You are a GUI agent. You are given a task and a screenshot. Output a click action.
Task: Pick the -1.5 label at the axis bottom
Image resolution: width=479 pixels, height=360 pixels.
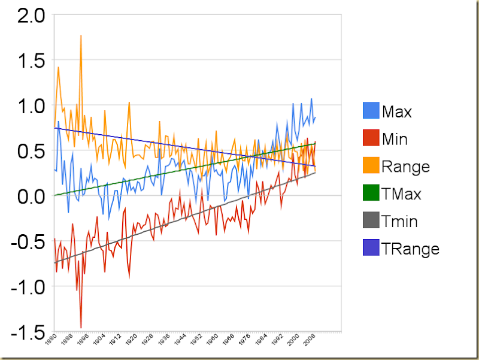[26, 331]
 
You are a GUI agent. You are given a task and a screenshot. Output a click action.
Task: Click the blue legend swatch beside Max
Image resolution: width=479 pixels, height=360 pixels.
[371, 111]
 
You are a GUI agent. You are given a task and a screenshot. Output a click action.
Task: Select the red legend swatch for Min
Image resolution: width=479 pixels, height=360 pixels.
[371, 139]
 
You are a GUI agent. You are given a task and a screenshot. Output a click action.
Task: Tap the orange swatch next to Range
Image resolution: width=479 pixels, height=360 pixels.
[371, 167]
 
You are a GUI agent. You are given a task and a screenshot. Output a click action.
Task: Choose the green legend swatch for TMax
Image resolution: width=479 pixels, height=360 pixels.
[371, 194]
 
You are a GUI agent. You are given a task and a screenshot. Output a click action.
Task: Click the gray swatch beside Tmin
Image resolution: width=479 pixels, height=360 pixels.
[371, 222]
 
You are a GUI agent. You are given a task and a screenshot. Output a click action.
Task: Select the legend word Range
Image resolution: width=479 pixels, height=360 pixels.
[405, 167]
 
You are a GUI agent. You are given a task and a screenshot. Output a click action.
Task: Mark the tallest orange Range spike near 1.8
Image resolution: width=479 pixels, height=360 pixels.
[81, 36]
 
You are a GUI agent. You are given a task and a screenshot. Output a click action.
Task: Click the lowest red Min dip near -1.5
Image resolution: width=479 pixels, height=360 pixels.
[81, 328]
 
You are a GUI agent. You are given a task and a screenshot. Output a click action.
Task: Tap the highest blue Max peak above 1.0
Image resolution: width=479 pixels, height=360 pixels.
[311, 99]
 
